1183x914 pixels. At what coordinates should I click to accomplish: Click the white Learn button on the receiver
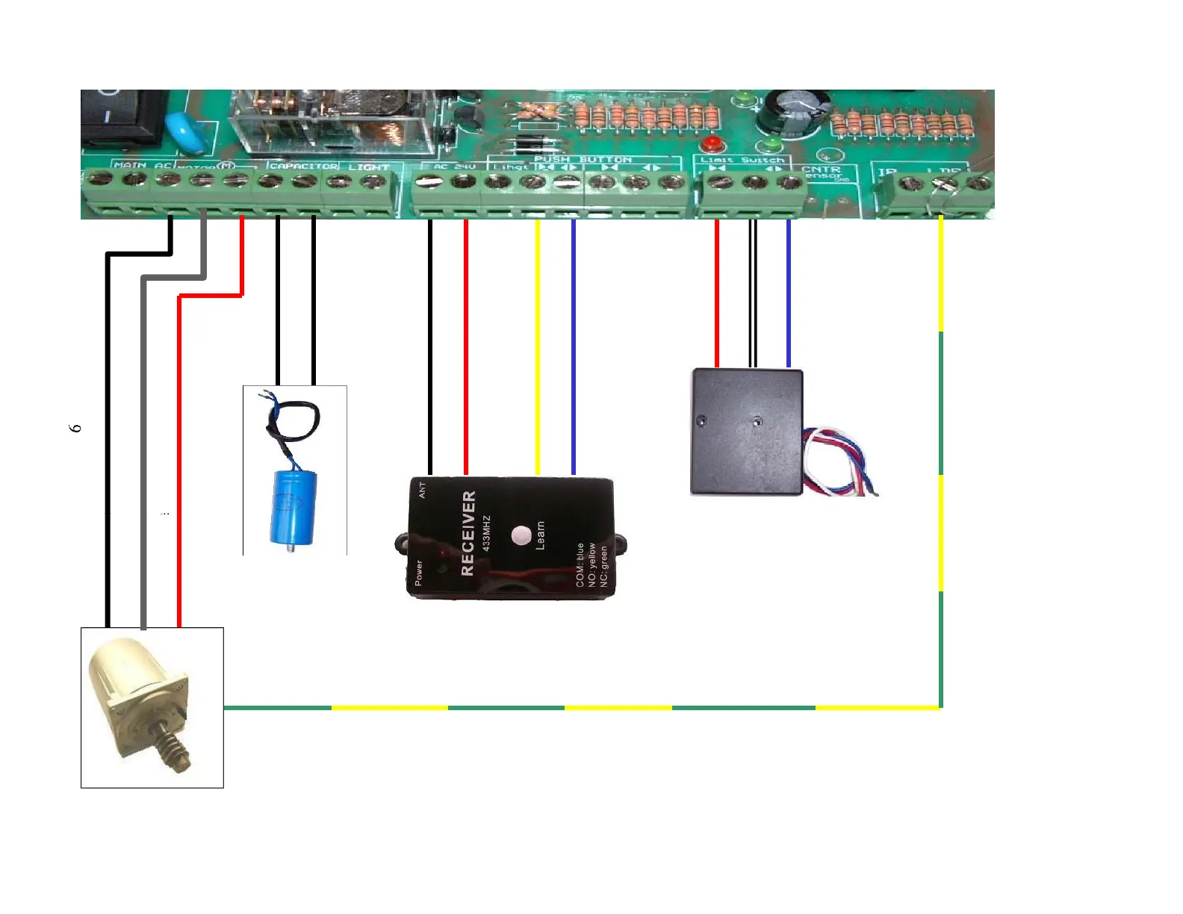pos(521,535)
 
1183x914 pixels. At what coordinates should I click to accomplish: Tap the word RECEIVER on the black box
pos(468,533)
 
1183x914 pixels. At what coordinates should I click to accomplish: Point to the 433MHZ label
pos(486,533)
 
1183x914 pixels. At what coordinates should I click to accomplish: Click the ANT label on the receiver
pos(422,490)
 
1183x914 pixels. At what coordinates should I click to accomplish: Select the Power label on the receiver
pos(419,573)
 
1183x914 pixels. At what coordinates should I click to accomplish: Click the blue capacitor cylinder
pos(293,508)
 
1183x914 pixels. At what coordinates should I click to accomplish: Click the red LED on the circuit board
pos(712,142)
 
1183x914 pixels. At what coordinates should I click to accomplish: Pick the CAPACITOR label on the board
pos(303,166)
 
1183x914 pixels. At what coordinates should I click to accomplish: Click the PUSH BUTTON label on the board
pos(583,159)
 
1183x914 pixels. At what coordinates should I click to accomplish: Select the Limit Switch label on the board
pos(742,160)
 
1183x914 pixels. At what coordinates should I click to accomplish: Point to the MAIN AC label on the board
pos(143,165)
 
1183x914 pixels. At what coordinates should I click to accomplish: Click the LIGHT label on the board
pos(369,167)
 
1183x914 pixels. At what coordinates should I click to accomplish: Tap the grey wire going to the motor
pos(144,448)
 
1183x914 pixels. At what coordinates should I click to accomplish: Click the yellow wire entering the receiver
pos(538,351)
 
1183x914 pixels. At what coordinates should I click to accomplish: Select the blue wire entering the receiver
pos(574,351)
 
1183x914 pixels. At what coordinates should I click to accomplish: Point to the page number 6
pos(75,428)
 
